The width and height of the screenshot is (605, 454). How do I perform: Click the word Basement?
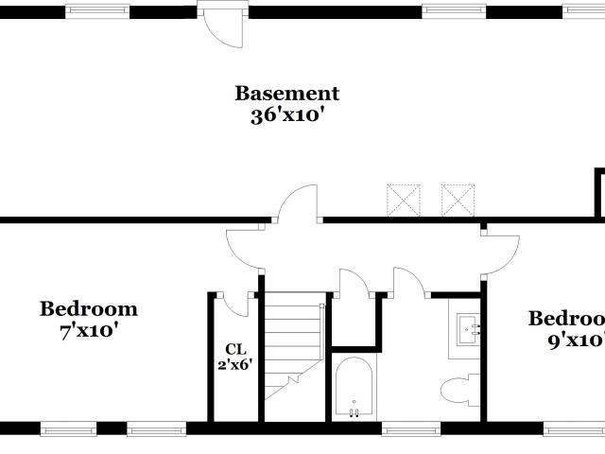pos(286,94)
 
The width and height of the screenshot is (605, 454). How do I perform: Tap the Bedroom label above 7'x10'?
pos(88,309)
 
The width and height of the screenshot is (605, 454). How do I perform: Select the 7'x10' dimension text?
pos(88,331)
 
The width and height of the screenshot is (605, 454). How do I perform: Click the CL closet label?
pos(235,347)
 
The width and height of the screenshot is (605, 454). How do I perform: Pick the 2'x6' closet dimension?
pos(235,364)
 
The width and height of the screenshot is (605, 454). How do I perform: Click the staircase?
pos(292,345)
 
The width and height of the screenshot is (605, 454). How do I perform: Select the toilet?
pos(461,391)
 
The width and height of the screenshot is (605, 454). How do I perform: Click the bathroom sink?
pos(471,330)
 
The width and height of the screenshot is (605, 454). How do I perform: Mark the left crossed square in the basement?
pos(402,201)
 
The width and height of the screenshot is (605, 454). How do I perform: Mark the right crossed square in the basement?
pos(458,201)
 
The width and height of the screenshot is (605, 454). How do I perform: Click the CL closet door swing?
pos(235,303)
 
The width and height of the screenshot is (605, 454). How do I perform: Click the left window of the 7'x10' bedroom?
pos(68,428)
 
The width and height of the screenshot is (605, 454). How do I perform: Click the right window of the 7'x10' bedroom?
pos(156,428)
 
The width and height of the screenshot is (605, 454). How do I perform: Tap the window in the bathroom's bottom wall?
pos(410,428)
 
